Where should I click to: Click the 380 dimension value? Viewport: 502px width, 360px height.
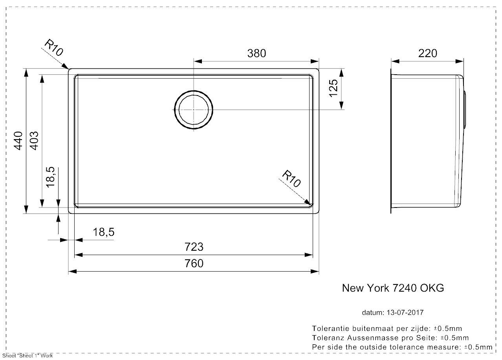(256, 53)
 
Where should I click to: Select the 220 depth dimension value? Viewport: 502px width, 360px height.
(428, 53)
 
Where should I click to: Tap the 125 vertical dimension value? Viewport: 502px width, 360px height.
(333, 88)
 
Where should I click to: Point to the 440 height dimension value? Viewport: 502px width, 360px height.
(18, 141)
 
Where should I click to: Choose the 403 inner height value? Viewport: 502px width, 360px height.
(34, 141)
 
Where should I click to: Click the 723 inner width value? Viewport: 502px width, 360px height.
(194, 247)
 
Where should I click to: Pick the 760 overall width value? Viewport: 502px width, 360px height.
(194, 263)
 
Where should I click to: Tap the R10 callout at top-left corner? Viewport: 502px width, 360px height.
(54, 48)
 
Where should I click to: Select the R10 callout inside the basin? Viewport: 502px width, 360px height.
(291, 179)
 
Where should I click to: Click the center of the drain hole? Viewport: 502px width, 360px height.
(193, 110)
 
